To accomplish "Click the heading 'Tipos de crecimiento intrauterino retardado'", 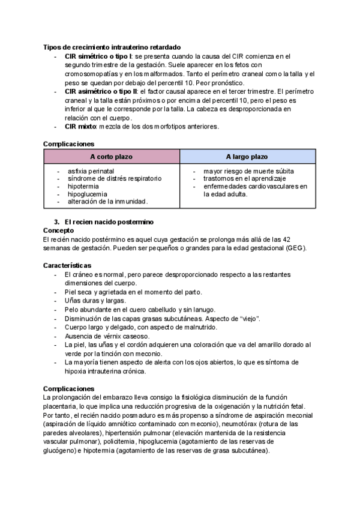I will point(112,47).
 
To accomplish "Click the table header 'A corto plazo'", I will point(112,157).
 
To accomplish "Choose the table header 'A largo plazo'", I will point(247,157).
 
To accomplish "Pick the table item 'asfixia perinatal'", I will point(91,171).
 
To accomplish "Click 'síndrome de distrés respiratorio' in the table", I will point(115,179).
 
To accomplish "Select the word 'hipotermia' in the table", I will point(84,187).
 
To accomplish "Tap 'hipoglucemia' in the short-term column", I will point(87,194).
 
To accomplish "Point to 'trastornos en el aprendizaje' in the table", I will point(244,179).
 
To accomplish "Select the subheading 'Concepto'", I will point(59,230).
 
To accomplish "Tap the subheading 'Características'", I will point(67,265).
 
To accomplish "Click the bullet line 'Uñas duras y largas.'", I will point(94,300).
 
